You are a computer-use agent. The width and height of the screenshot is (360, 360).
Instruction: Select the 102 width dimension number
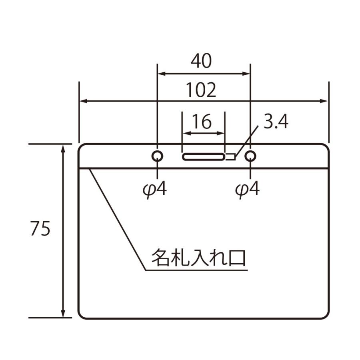coord(201,90)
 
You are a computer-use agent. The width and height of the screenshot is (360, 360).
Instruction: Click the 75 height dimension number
coord(40,230)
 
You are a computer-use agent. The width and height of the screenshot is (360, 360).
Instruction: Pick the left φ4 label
coord(154,189)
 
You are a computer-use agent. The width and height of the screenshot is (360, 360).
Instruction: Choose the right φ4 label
coord(247,189)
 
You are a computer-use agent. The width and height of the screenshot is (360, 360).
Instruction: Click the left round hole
coord(157,156)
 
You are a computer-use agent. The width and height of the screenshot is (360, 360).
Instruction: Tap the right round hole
coord(250,156)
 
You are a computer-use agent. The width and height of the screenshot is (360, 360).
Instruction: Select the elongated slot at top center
coord(204,156)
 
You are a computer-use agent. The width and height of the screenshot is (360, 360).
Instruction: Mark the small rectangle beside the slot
coord(230,156)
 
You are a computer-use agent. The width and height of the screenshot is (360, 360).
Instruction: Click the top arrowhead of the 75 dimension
coord(63,148)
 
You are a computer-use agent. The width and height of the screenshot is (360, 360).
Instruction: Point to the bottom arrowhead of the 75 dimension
coord(63,314)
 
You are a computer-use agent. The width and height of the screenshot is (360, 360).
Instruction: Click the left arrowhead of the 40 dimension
coord(161,74)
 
